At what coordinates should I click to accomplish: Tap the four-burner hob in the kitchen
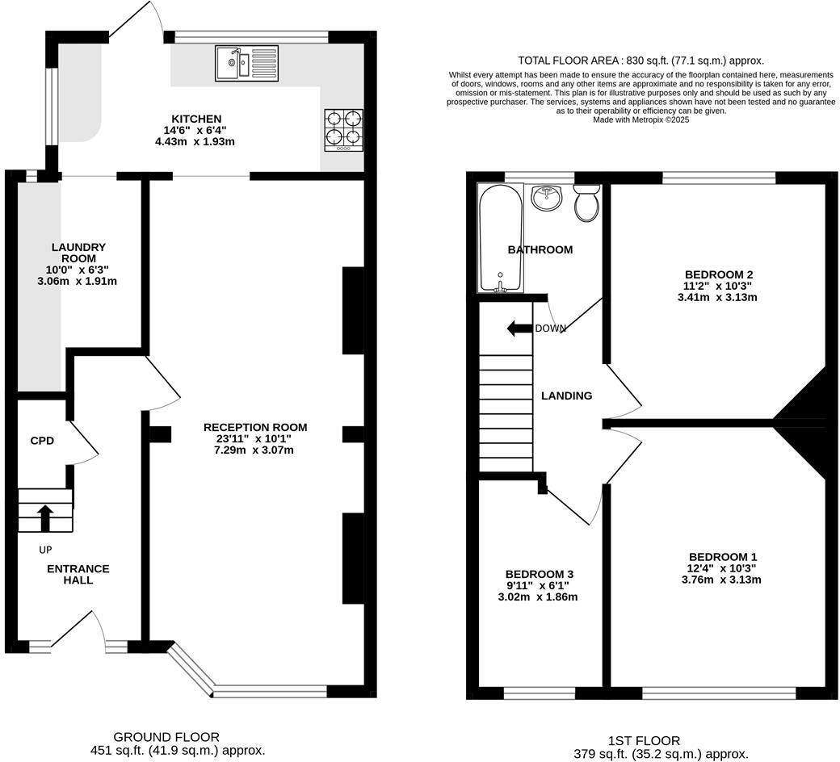tap(343, 129)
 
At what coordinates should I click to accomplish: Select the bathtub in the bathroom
tap(500, 237)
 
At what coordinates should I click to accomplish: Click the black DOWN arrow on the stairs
tap(519, 328)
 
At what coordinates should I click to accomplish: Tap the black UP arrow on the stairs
tap(45, 517)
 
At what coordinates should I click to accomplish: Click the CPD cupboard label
tap(42, 441)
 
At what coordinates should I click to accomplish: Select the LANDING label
tap(566, 396)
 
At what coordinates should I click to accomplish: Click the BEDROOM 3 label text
tap(540, 574)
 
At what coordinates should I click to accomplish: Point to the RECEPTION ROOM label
tap(254, 427)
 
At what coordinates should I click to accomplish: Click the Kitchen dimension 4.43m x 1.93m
tap(195, 141)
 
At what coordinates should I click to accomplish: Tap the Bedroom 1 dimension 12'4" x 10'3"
tap(722, 568)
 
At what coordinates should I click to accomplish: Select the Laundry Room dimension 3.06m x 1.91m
tap(78, 281)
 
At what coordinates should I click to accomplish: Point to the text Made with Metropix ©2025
tap(640, 119)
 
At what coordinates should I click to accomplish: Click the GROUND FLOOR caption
tap(166, 736)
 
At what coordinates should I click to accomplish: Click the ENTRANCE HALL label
tap(78, 574)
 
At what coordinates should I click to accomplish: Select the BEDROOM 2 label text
tap(717, 274)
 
